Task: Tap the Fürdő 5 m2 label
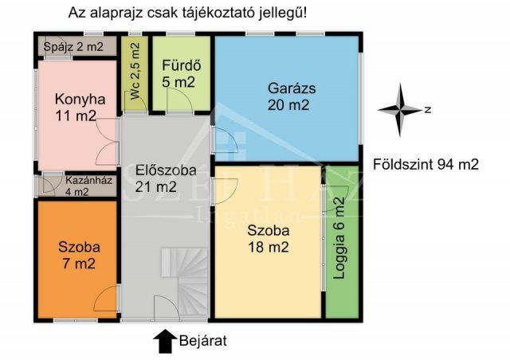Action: coord(178,73)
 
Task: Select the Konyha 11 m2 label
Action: coord(76,108)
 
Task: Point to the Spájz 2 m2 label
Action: coord(73,47)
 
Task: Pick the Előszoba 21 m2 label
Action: coord(156,178)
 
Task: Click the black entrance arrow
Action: coord(164,341)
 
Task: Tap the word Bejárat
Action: coord(204,341)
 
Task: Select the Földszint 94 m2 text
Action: coord(426,165)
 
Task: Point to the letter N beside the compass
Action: coord(428,110)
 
